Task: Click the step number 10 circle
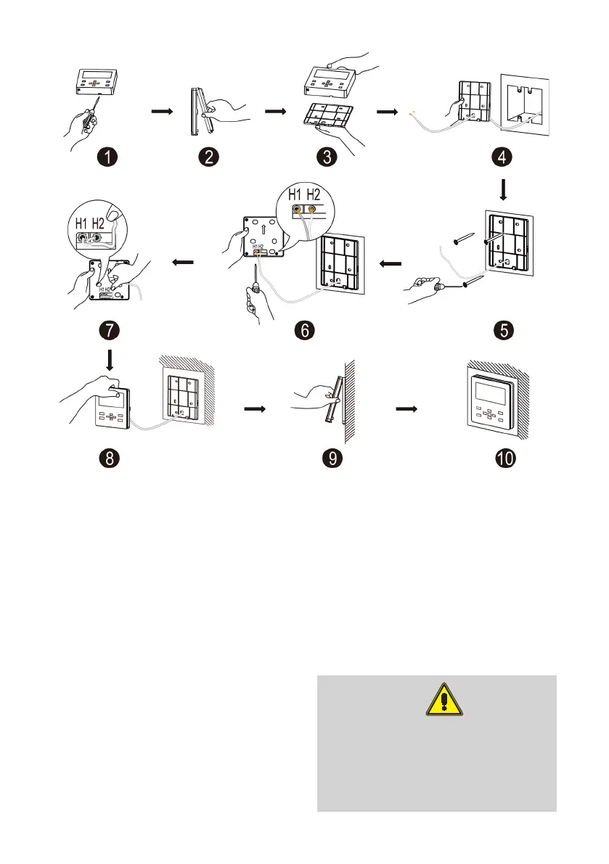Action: click(x=505, y=460)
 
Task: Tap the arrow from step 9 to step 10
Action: click(x=406, y=408)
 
